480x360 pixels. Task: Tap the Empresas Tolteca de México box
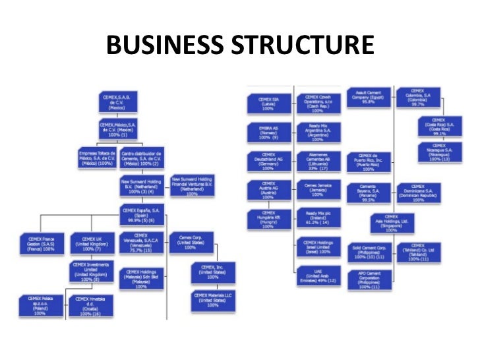pos(96,158)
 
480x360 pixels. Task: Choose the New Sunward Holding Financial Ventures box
pos(193,185)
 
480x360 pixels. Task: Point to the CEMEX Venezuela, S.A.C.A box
pos(140,242)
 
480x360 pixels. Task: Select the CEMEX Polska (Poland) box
pos(39,305)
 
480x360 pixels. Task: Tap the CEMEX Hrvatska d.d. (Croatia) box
pos(91,305)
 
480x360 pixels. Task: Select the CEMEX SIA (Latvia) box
pos(268,102)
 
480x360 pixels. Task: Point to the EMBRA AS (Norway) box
pos(268,131)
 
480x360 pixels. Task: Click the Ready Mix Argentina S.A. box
pos(318,131)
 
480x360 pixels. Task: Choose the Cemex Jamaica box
pos(318,190)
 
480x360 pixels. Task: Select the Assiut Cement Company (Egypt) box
pos(368,97)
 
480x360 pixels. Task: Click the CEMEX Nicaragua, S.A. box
pos(438,152)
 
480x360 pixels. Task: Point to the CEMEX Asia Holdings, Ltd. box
pos(391,222)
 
